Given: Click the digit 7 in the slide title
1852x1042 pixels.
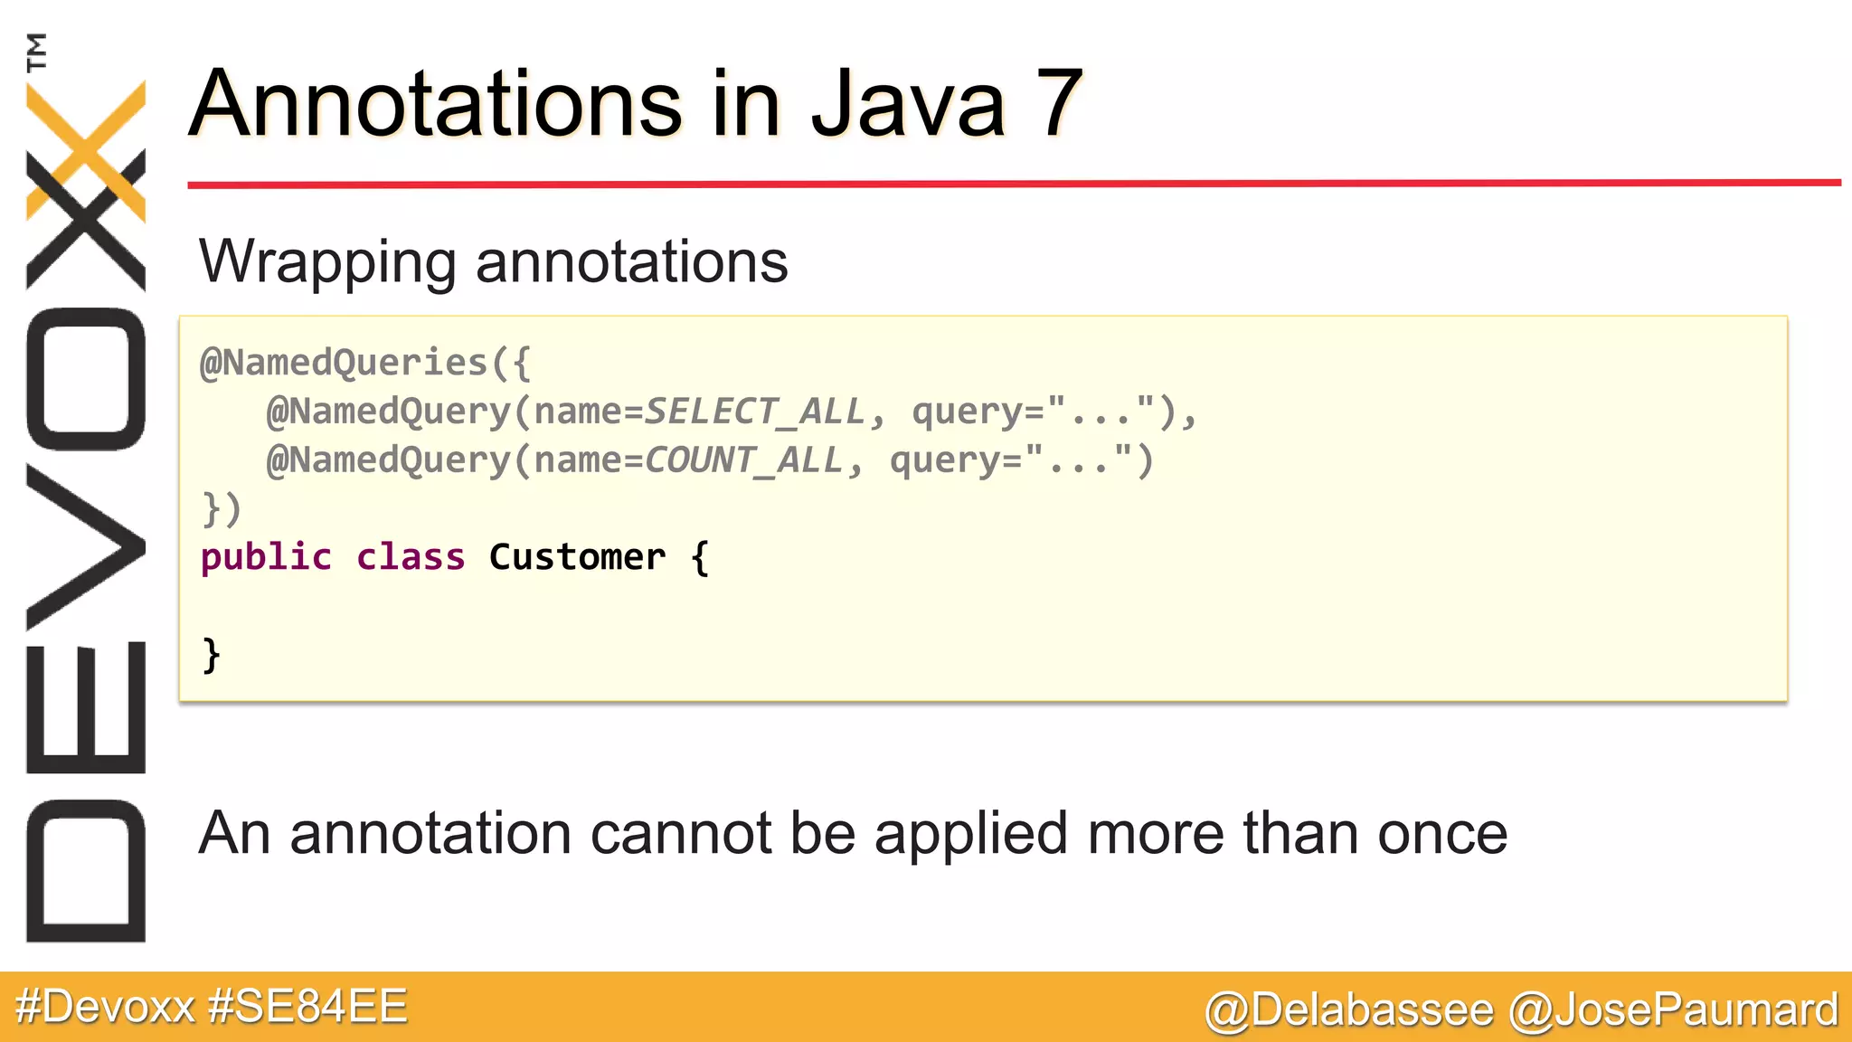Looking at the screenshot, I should (1054, 104).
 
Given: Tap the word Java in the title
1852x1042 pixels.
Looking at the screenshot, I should (907, 104).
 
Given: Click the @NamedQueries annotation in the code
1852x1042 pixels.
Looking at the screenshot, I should (344, 363).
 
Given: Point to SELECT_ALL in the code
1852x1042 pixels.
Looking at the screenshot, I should (754, 412).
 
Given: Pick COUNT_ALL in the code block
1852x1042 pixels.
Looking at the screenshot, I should (743, 460).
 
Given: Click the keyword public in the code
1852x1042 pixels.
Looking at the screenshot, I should (266, 558).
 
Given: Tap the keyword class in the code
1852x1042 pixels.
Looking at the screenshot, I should (411, 558).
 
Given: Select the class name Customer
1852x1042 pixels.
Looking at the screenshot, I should (577, 558).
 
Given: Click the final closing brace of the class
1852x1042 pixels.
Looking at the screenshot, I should (212, 655).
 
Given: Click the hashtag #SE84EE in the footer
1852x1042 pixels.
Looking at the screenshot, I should (307, 1007).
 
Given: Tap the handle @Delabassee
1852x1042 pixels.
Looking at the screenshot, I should (1349, 1009).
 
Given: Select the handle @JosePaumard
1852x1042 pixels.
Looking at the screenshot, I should (1673, 1009).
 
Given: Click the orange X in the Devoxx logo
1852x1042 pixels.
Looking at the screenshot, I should (87, 149).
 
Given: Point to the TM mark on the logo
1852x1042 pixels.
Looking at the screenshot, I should (36, 52).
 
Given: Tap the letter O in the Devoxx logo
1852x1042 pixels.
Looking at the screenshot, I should (87, 379).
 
